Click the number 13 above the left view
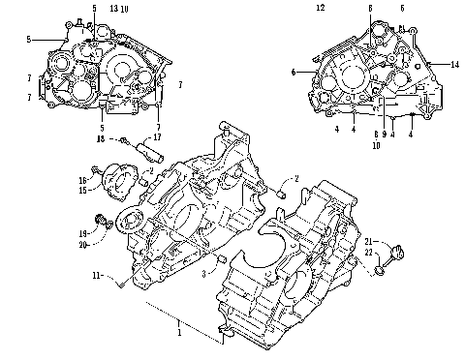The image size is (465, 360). tap(114, 8)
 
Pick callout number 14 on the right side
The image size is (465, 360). tap(454, 64)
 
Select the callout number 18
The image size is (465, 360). tap(99, 139)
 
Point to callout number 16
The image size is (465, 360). tap(83, 180)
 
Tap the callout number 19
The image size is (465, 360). tap(83, 234)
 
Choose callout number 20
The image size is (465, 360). tap(83, 245)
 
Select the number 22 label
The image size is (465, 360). tap(369, 253)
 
